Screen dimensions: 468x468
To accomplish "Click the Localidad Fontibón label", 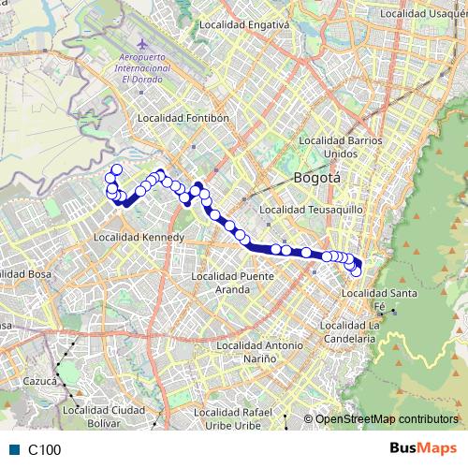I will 183,119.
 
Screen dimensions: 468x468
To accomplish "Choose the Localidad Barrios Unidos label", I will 341,146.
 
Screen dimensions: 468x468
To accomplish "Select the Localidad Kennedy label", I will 140,239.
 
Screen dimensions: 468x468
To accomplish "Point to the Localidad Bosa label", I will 26,273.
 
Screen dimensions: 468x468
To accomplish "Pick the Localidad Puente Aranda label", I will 232,283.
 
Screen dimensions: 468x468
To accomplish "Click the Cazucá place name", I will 41,382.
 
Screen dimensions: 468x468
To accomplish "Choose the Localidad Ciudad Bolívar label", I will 104,416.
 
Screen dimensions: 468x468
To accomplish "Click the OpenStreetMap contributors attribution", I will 387,420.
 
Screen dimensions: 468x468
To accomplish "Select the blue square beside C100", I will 14,450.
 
